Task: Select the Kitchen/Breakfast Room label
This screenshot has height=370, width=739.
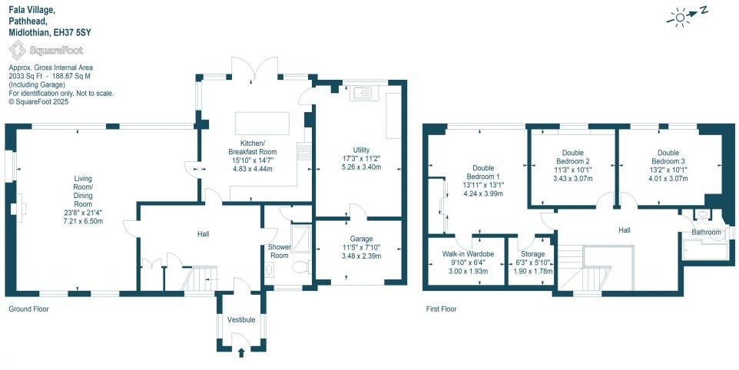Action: point(253,147)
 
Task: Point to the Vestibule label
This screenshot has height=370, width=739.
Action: point(240,319)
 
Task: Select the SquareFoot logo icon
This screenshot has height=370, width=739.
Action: point(16,50)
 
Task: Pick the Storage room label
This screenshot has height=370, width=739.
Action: point(532,253)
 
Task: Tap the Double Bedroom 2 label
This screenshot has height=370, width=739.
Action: point(572,157)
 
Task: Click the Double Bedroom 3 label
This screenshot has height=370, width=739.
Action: point(668,157)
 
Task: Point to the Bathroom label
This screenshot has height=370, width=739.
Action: point(706,232)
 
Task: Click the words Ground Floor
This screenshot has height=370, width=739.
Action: point(30,309)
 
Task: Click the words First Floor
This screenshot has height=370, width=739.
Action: point(441,309)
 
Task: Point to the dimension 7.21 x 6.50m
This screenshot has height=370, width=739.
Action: point(83,221)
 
